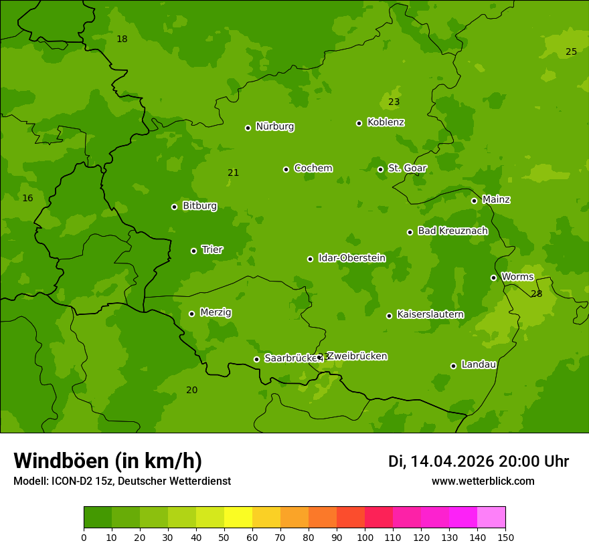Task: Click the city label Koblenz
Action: (386, 122)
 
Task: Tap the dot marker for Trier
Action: (193, 251)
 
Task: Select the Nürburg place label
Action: (274, 126)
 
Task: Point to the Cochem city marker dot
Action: (286, 169)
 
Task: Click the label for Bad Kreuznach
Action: (452, 231)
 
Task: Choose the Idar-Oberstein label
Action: (351, 258)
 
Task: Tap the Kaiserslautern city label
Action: (430, 314)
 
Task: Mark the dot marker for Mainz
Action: (474, 201)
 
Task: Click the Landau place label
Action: (479, 364)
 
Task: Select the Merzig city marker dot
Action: (191, 314)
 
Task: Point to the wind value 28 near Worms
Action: (536, 294)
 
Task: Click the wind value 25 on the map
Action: (571, 52)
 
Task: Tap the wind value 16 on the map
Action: (27, 199)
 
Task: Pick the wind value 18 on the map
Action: (122, 39)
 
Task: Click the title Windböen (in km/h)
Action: (108, 461)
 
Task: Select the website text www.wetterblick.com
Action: (483, 481)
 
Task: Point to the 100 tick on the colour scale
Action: (365, 537)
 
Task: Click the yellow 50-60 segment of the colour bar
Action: (238, 518)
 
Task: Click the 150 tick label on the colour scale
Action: (505, 537)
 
